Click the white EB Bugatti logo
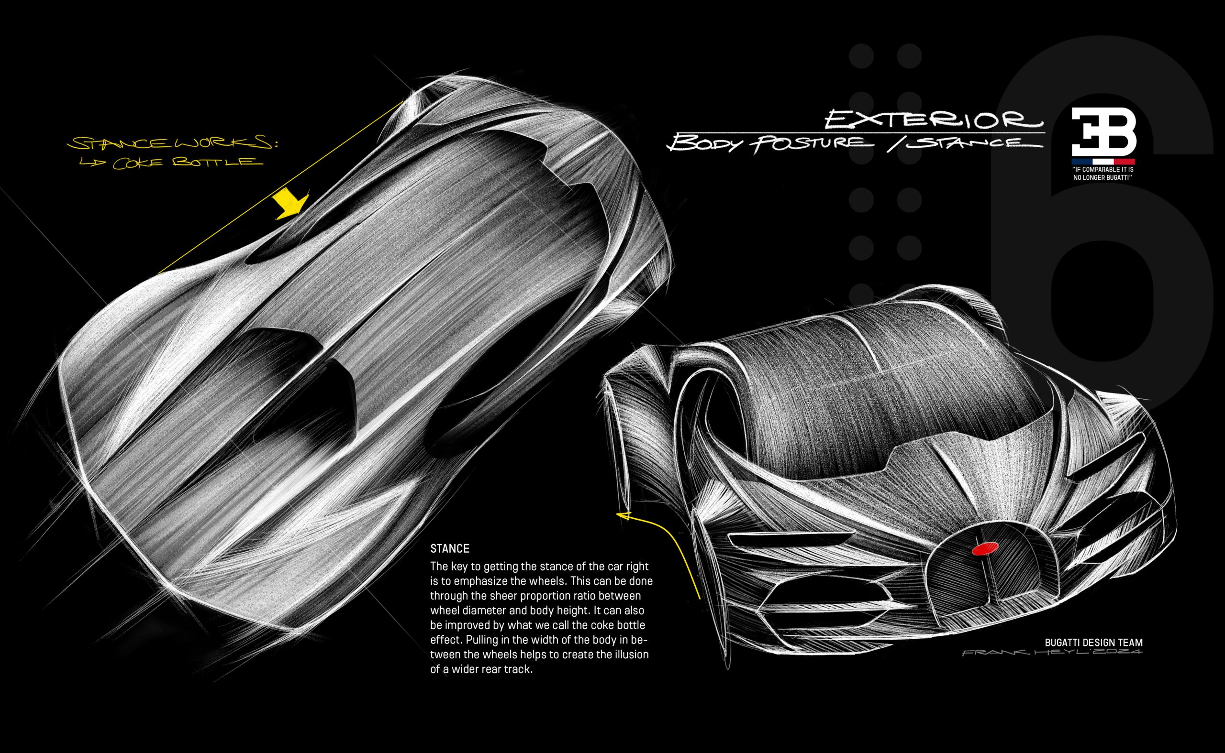pos(1103,131)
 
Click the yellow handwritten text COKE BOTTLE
pos(187,164)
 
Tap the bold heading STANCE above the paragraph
pos(449,549)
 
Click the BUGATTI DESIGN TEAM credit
pos(1093,643)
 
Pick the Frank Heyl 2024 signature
pos(1052,653)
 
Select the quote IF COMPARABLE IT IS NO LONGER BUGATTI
pos(1103,173)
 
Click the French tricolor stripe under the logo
pos(1103,162)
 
